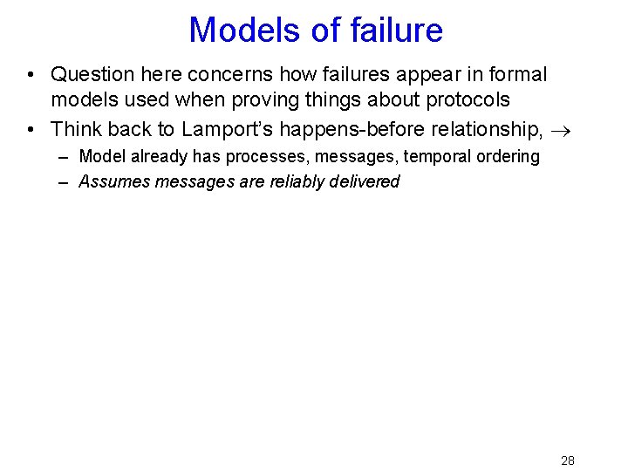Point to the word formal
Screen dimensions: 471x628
515,75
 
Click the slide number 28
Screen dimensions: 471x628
567,461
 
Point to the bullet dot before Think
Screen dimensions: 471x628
32,130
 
